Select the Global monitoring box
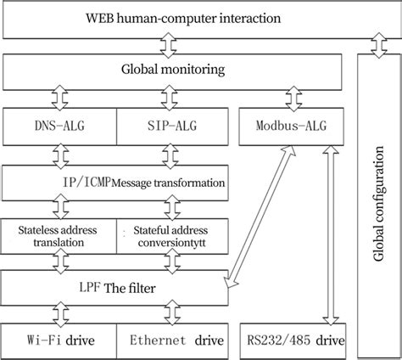point(174,68)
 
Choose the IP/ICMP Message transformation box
point(115,182)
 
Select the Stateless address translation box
point(59,236)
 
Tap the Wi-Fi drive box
point(59,341)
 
